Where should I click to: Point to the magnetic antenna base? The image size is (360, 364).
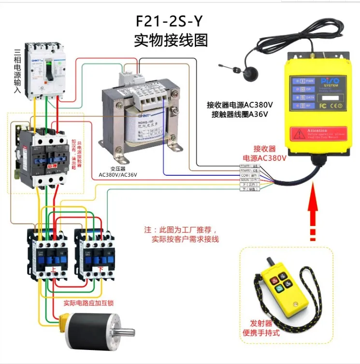point(252,73)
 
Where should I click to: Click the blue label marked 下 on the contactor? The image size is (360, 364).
point(100,268)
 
